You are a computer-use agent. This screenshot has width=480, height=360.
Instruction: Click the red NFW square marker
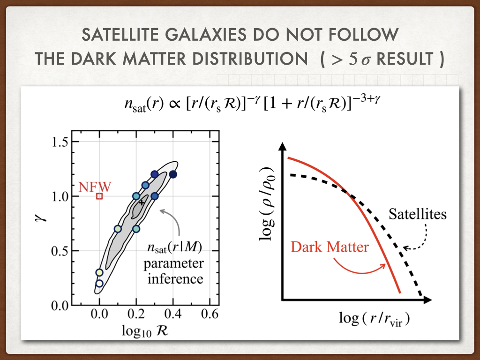[99, 196]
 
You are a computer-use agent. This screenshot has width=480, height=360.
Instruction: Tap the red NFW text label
[95, 187]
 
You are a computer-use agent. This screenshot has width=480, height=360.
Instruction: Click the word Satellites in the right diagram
[418, 215]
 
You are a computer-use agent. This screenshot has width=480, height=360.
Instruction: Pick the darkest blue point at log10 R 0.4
[173, 174]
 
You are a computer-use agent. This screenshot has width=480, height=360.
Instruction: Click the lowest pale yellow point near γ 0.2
[99, 283]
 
